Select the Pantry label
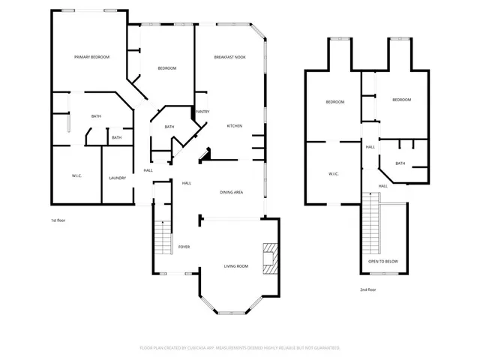202,112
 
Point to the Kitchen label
234,126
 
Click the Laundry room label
117,178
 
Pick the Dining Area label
231,193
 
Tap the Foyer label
184,247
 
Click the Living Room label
236,266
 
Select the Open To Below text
382,262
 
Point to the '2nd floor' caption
367,289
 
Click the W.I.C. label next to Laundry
76,175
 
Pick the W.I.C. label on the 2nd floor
334,174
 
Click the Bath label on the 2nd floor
400,163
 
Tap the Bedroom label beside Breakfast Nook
166,68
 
